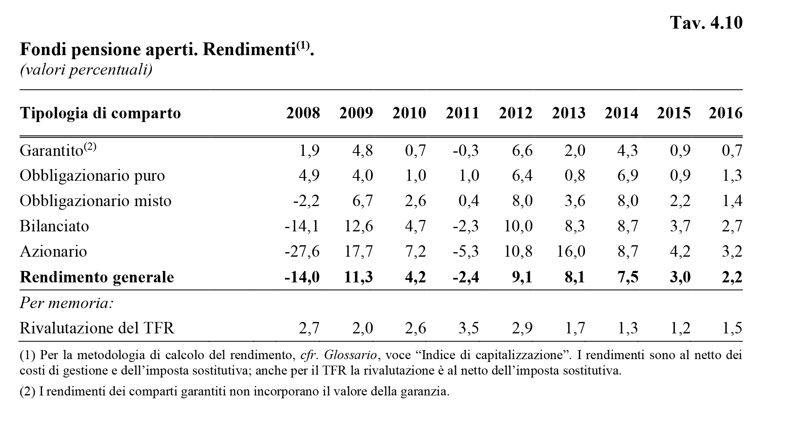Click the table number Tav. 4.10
[706, 23]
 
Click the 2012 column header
[516, 113]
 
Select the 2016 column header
[725, 113]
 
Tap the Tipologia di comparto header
[100, 113]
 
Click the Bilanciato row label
[54, 226]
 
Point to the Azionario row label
[53, 251]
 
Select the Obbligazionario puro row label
[92, 175]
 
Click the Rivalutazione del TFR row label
[97, 328]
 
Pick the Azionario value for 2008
[302, 251]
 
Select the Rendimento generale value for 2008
[302, 277]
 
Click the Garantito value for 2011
[465, 151]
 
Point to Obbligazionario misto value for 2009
[363, 201]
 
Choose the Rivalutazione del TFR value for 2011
[469, 328]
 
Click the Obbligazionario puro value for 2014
[627, 175]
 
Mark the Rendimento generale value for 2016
[732, 277]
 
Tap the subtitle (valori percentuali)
[86, 70]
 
